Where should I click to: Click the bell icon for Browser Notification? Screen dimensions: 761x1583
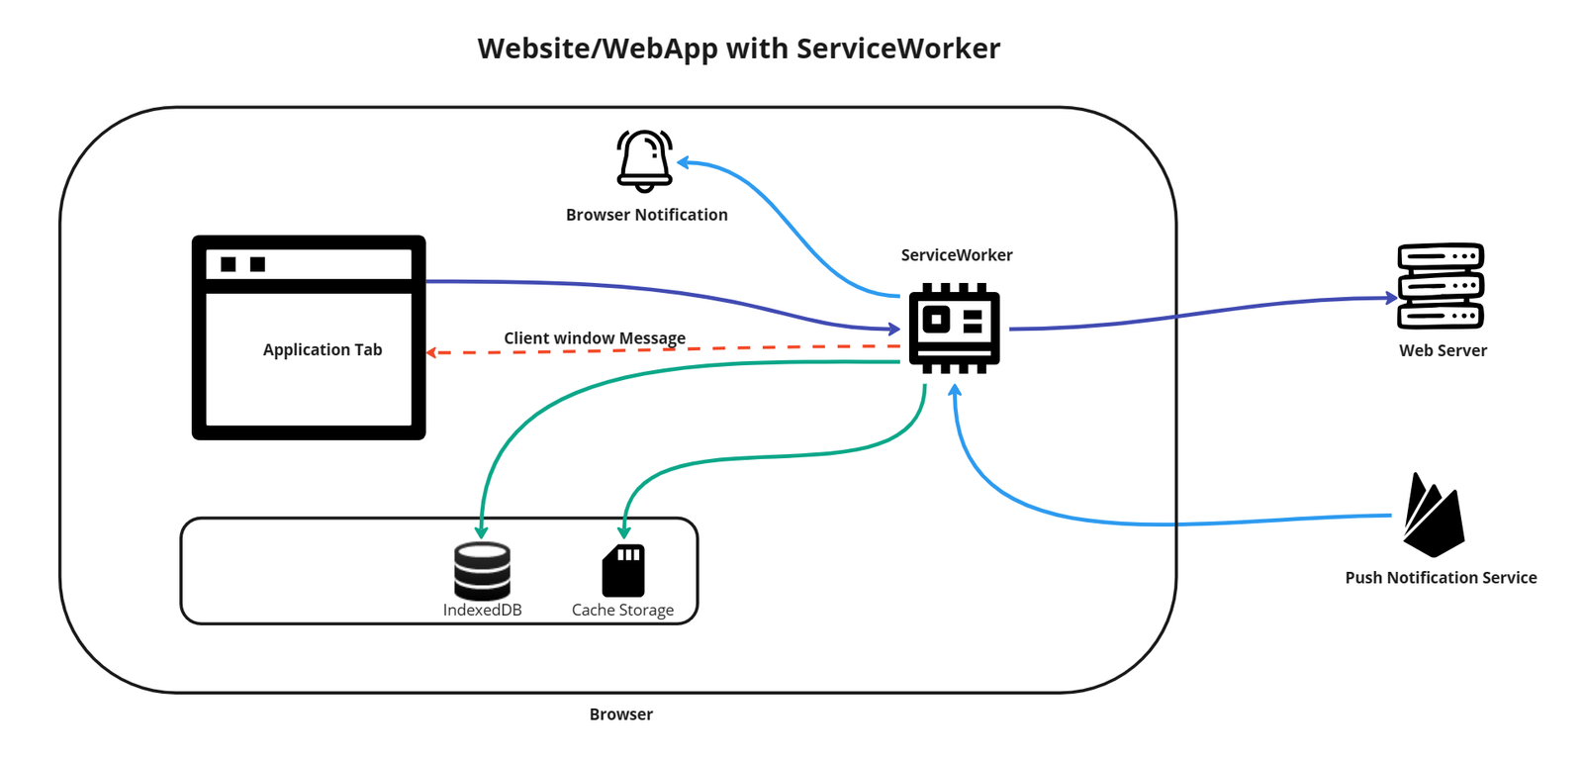coord(644,160)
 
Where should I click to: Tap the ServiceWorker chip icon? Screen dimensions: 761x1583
coord(955,328)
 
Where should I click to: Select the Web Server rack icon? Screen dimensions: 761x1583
coord(1441,286)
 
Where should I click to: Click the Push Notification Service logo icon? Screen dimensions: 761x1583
coord(1433,517)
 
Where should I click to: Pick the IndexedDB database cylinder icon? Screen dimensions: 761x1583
coord(482,570)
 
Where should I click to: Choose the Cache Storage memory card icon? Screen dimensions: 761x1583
coord(623,570)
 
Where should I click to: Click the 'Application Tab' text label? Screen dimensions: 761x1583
coord(323,349)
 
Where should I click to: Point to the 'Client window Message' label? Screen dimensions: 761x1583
coord(594,337)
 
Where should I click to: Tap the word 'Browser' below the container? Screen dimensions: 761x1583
coord(620,713)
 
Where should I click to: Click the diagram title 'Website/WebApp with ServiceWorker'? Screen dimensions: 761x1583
coord(738,48)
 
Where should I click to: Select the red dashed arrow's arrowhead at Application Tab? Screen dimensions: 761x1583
coord(431,352)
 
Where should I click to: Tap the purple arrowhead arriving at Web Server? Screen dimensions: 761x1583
coord(1391,297)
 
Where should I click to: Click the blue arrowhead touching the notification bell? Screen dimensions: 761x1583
coord(683,162)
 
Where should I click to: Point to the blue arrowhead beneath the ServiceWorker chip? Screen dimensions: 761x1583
coord(955,390)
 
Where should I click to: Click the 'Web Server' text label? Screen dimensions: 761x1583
coord(1443,350)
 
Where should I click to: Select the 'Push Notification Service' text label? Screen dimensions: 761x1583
coord(1441,577)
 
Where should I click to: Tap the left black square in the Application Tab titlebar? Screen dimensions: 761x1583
coord(229,264)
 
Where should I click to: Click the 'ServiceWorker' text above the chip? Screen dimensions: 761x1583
coord(956,254)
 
